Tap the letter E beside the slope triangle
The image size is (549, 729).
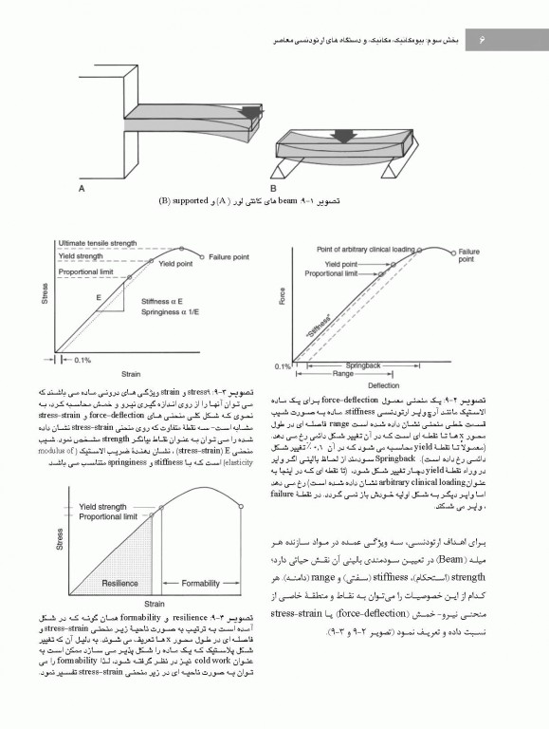pos(99,296)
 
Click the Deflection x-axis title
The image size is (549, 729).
pos(384,386)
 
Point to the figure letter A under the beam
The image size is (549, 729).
pos(82,189)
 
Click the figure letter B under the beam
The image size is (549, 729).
pos(273,188)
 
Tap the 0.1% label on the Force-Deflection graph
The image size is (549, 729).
pos(282,365)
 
